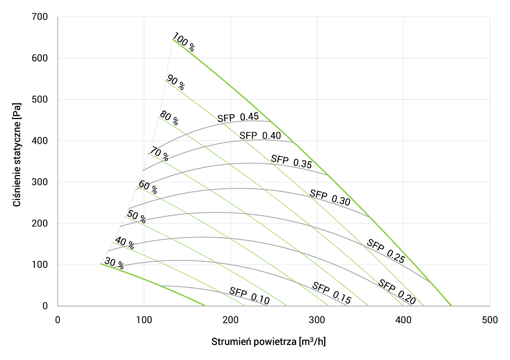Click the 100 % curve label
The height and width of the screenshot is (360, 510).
click(x=184, y=43)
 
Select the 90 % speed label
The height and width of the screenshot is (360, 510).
click(x=175, y=83)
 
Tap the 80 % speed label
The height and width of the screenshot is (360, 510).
click(x=169, y=119)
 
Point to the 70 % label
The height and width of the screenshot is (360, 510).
click(x=159, y=154)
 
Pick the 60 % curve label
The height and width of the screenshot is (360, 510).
click(x=148, y=187)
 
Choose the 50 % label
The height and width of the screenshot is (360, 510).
click(x=136, y=216)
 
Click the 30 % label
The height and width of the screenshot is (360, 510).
click(x=114, y=264)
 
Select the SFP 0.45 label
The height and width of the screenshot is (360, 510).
click(x=238, y=117)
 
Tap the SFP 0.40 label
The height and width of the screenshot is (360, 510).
click(x=260, y=135)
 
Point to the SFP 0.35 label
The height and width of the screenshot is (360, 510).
click(x=291, y=161)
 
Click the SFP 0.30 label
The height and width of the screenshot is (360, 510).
click(x=330, y=197)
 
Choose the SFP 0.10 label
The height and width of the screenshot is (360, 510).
click(x=249, y=296)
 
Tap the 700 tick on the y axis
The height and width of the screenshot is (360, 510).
click(x=39, y=17)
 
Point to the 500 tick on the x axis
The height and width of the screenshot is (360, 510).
click(x=490, y=320)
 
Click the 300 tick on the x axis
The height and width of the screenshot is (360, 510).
click(x=317, y=320)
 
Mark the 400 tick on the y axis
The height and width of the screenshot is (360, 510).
click(x=39, y=141)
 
